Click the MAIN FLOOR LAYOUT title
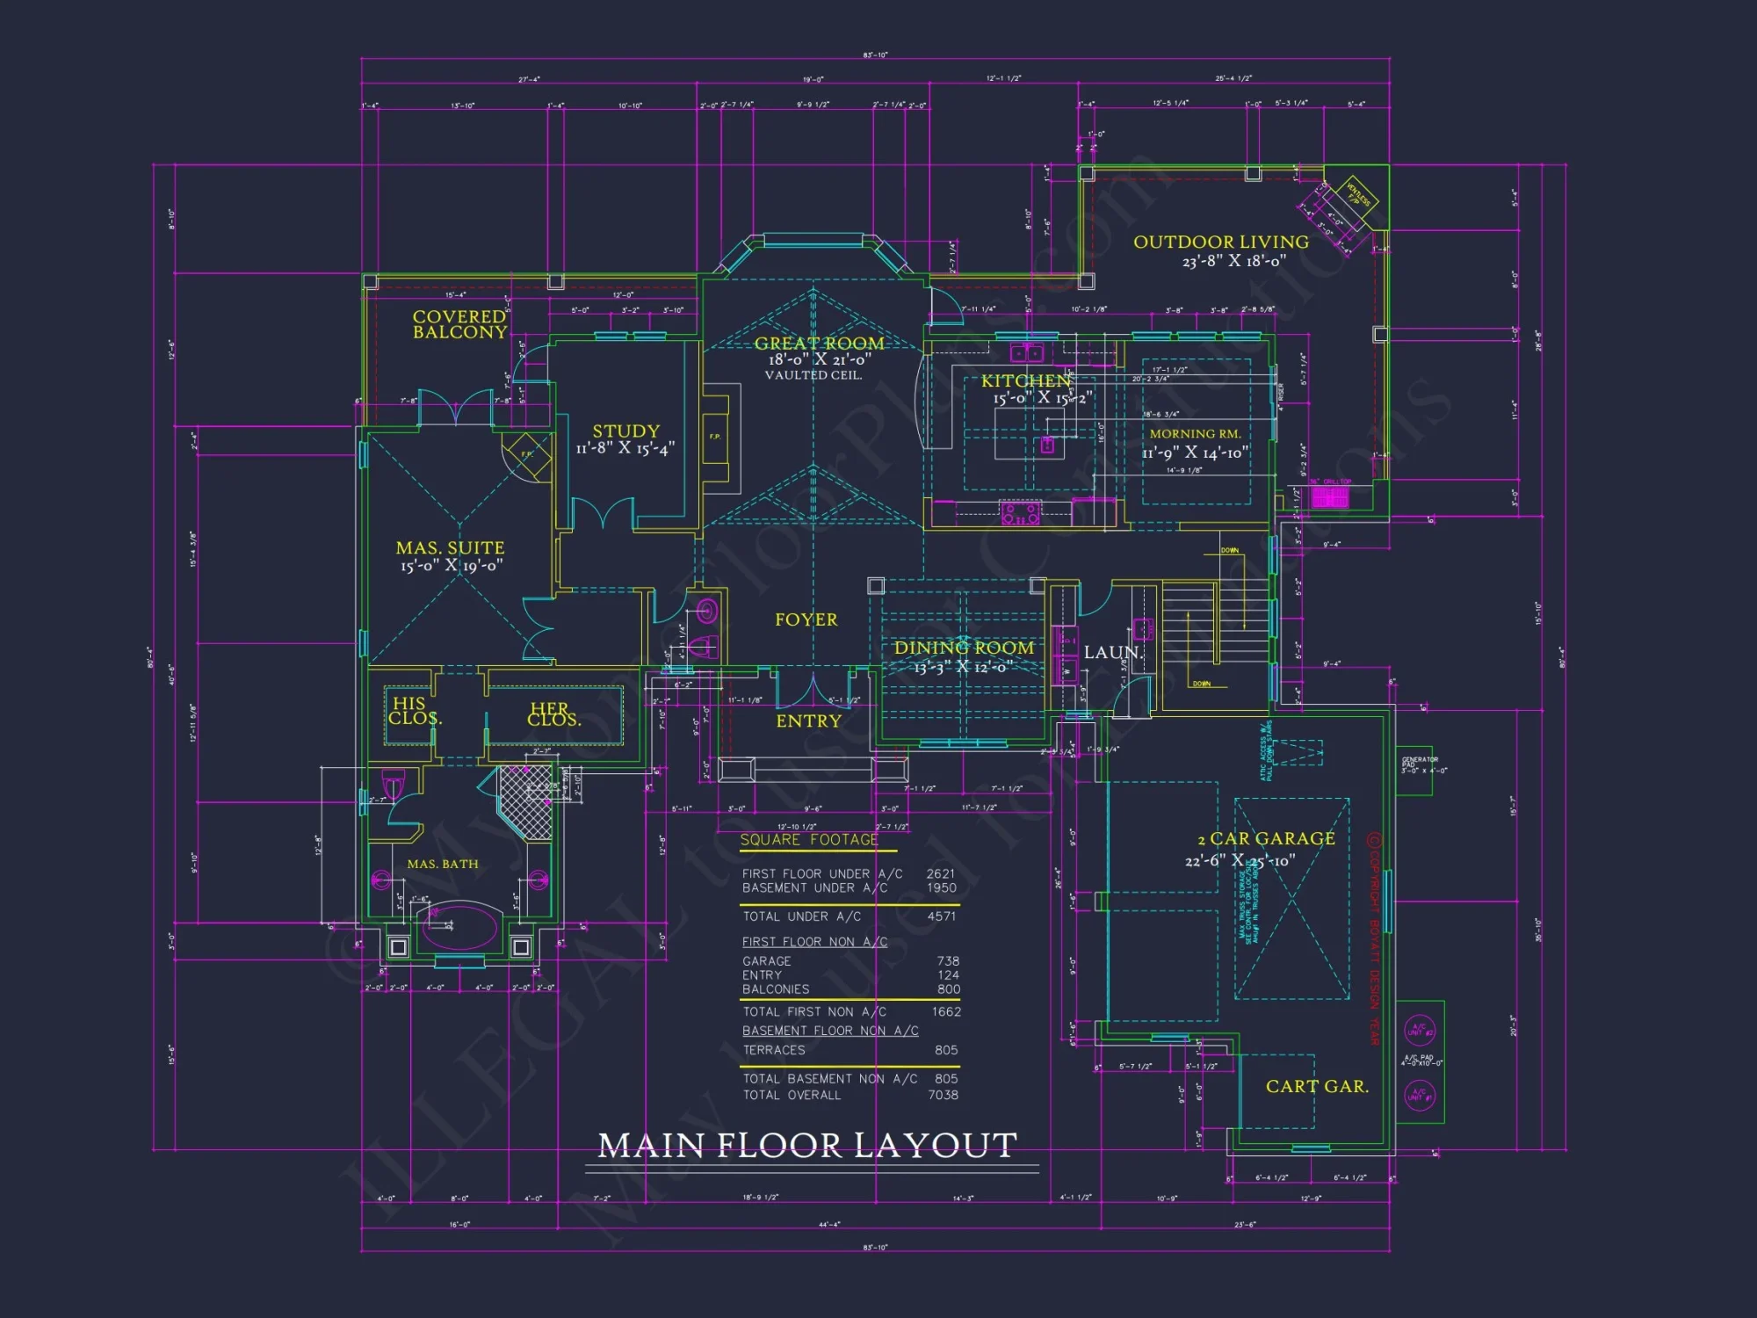pos(807,1145)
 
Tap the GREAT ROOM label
pos(819,344)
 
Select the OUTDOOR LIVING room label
pos(1220,242)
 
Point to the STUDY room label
pos(625,431)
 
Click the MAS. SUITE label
pos(450,547)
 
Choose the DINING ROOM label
pos(964,648)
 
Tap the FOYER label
pos(806,619)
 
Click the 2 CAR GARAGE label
pos(1266,839)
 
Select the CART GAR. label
pos(1317,1086)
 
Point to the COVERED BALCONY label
pos(459,324)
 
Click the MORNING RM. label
pos(1195,434)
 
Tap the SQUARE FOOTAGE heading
pos(809,840)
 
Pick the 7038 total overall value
pos(943,1095)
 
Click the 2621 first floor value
pos(940,873)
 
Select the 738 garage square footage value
pos(948,961)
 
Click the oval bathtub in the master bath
pos(459,928)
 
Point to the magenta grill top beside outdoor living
pos(1330,497)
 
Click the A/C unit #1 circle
pos(1419,1096)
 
